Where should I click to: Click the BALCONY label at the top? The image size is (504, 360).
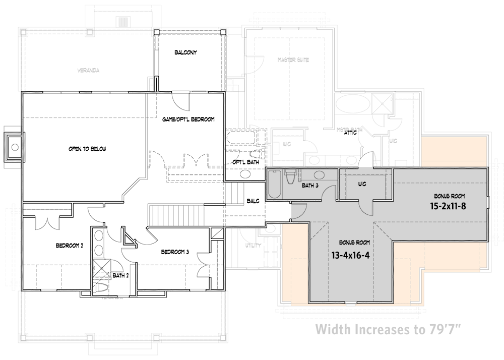185,52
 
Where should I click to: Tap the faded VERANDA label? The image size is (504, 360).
88,71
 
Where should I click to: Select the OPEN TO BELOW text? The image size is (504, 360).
87,149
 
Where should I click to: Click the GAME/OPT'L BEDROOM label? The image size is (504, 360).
188,119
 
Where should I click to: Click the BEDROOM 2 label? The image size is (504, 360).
69,246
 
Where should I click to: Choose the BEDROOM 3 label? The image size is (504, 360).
174,252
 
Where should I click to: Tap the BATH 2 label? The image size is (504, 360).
120,276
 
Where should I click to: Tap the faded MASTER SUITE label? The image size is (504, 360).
293,60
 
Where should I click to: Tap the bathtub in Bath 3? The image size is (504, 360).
275,185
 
